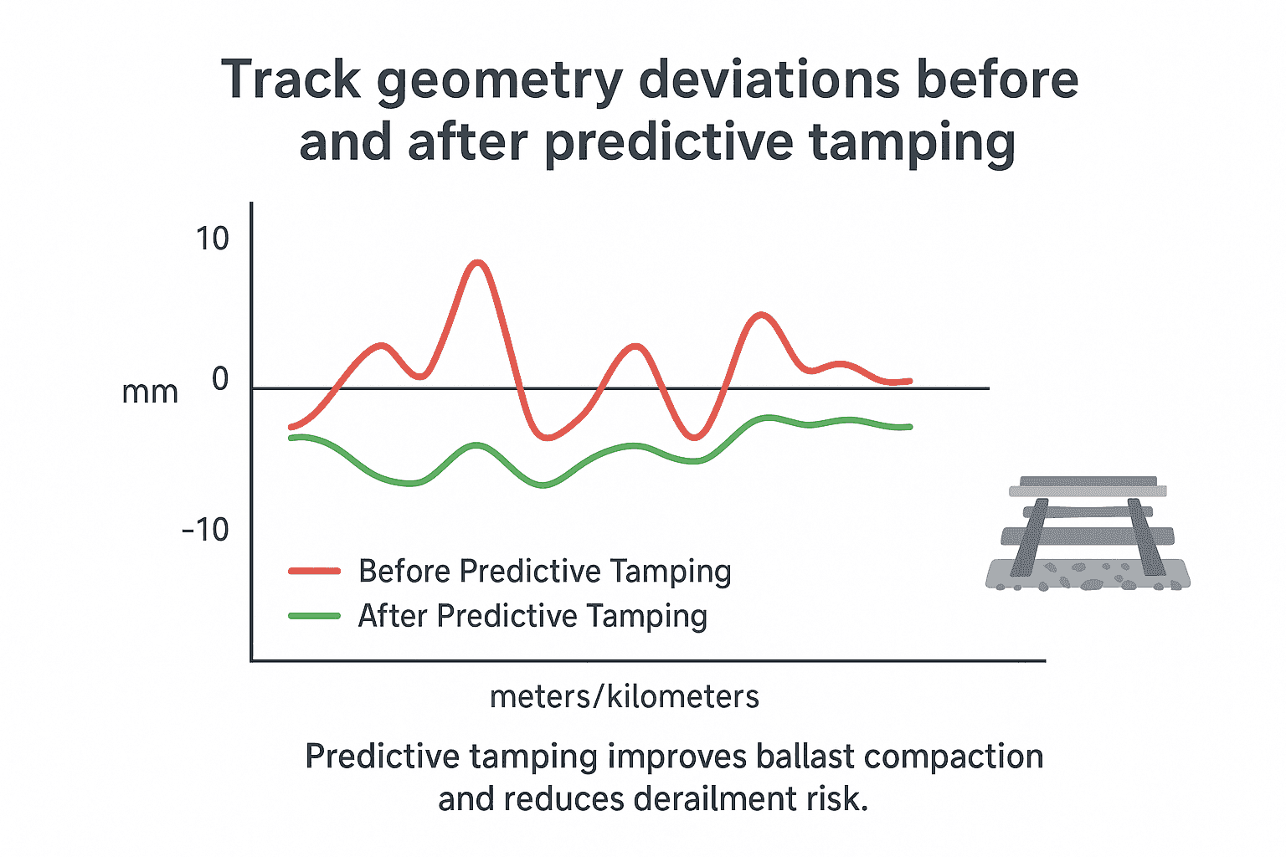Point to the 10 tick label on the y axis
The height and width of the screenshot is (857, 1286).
(212, 239)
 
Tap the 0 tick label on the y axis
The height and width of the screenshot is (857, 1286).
(220, 379)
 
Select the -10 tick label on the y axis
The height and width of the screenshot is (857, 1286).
(205, 529)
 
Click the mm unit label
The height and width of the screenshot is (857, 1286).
(150, 393)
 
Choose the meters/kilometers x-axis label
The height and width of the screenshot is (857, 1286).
(624, 696)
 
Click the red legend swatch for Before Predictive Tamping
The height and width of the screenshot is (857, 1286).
(314, 572)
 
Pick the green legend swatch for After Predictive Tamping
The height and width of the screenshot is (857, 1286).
(314, 616)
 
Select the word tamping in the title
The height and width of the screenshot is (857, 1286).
(912, 144)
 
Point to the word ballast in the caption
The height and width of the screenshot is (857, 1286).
(805, 757)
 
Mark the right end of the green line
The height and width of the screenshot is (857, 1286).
(909, 427)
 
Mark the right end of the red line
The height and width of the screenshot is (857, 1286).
(909, 381)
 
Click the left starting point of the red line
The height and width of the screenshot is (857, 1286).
(291, 427)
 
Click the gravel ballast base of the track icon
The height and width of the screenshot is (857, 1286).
(1088, 577)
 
